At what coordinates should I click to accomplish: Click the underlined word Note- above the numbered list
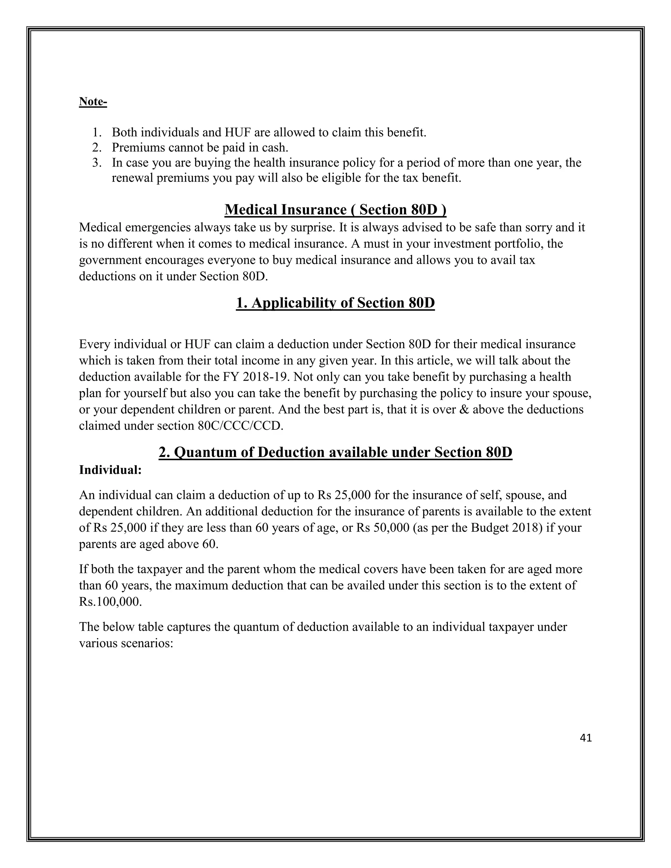93,102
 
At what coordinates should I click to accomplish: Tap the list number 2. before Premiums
97,148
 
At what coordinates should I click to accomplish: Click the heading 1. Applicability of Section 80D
335,303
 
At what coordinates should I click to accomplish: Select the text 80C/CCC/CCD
240,426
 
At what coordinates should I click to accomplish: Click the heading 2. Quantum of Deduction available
335,452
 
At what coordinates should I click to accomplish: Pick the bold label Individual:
110,470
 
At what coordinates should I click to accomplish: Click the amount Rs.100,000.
110,602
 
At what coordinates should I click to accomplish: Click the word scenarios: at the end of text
146,643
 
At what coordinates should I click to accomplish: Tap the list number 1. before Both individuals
97,132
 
